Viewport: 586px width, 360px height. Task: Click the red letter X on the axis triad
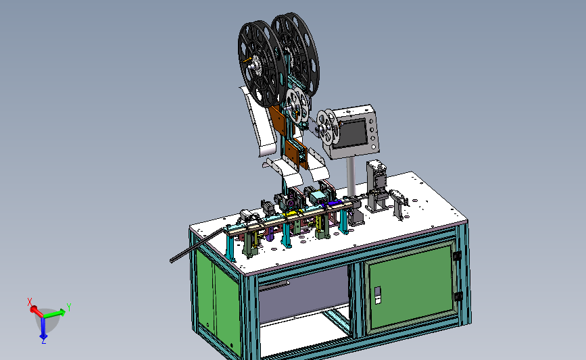pos(30,302)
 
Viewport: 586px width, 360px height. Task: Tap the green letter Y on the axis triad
pos(69,307)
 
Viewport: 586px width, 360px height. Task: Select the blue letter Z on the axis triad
pos(44,340)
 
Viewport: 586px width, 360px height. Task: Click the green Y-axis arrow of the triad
pos(55,313)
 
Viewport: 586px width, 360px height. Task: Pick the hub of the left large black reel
pos(253,68)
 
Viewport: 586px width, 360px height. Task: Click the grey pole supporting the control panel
pos(351,176)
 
